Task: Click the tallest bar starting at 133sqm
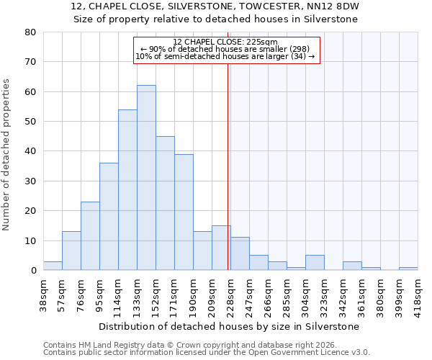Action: coord(146,178)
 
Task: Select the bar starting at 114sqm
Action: coord(127,190)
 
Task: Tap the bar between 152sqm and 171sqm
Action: coord(165,203)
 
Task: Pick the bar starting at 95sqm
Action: coord(109,217)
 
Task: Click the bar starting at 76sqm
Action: coord(90,236)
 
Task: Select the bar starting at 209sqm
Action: coord(221,248)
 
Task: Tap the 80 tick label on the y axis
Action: coord(30,32)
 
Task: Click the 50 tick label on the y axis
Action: coord(30,122)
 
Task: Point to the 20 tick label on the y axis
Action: coord(30,211)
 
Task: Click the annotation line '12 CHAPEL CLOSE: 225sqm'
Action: coord(226,42)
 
